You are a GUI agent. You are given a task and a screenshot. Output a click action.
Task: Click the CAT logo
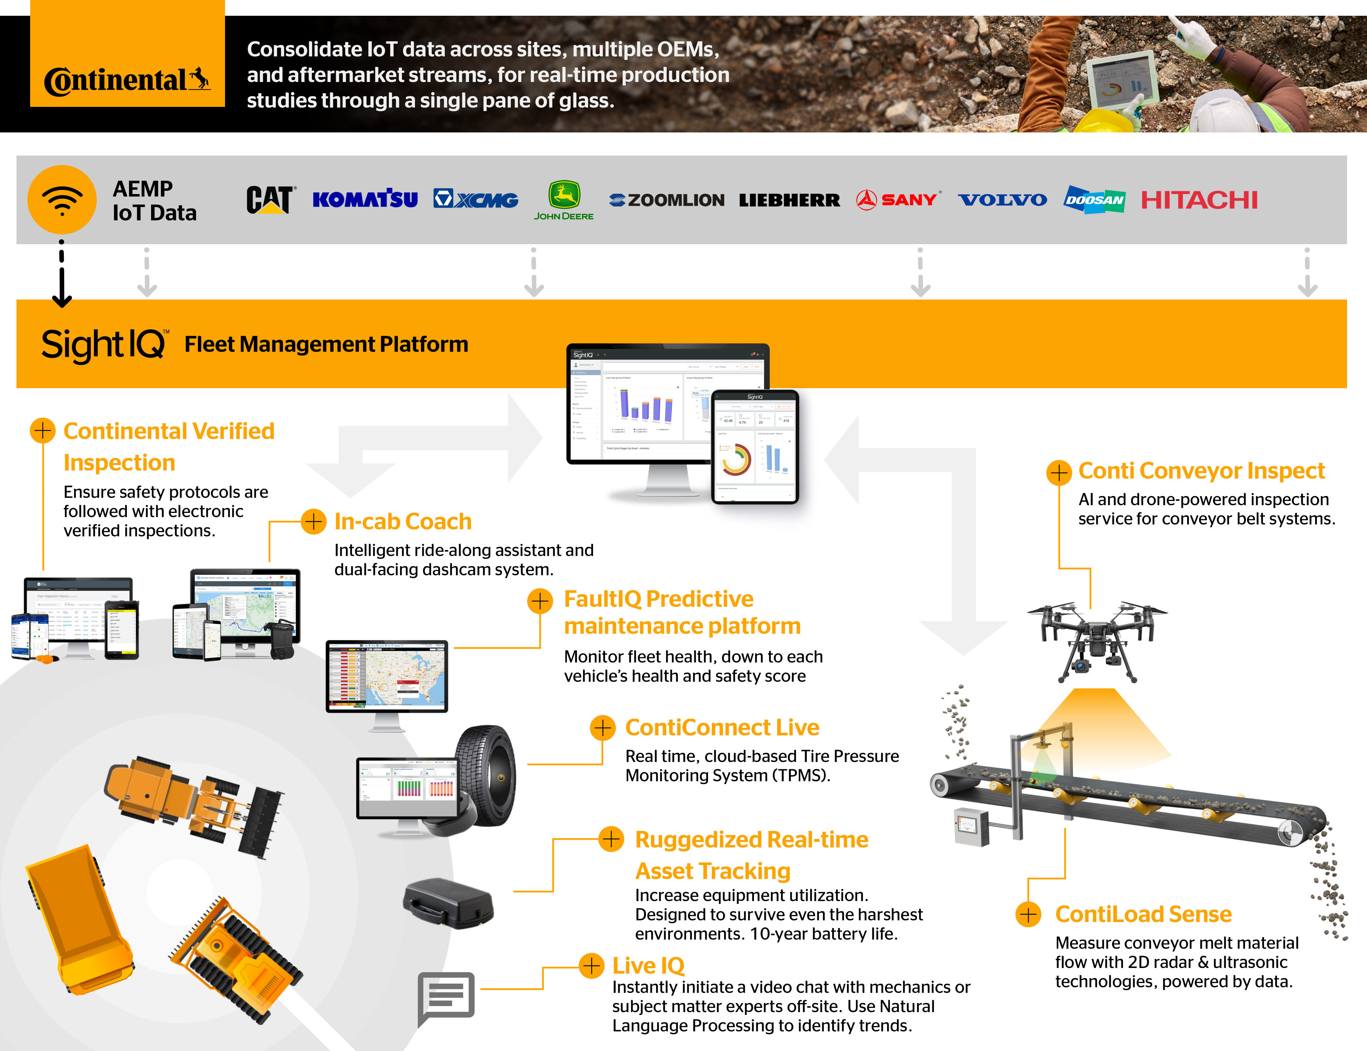tap(270, 200)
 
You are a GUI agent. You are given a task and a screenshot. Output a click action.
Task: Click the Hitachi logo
tap(1199, 200)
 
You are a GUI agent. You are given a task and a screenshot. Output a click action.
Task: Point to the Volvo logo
tap(1002, 200)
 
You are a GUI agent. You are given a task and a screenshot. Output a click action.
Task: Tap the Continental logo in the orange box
tap(127, 80)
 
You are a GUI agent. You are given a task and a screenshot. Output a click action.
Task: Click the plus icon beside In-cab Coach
tap(314, 521)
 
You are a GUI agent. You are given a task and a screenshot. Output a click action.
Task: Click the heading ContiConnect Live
tap(722, 728)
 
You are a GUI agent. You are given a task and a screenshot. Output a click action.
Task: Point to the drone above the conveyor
tap(1097, 638)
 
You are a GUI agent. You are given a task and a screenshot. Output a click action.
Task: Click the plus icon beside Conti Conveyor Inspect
tap(1059, 472)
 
